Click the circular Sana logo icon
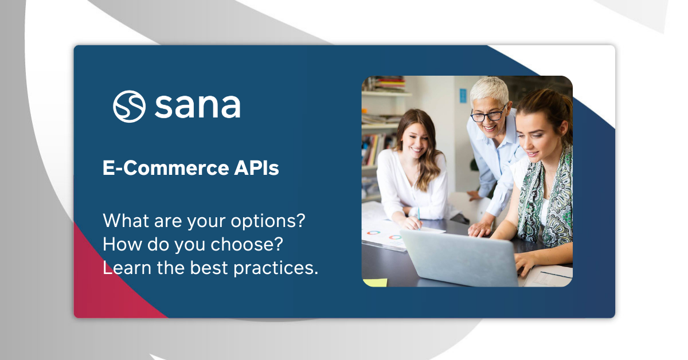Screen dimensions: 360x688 point(129,106)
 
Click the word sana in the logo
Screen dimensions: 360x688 point(197,106)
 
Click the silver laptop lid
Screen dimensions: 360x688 point(459,258)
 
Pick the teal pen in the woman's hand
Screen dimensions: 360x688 point(419,214)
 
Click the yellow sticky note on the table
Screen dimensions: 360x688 point(375,282)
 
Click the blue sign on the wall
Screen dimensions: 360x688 point(462,92)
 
